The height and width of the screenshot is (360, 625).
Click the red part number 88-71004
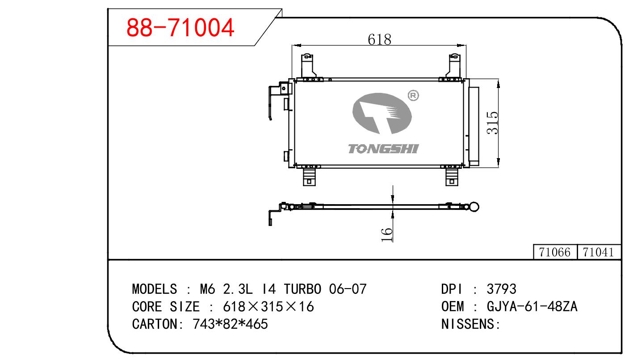pyautogui.click(x=180, y=27)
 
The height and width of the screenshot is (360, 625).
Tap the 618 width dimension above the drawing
pyautogui.click(x=379, y=40)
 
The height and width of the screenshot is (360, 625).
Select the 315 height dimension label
pyautogui.click(x=492, y=123)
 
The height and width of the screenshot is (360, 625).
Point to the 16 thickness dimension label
pyautogui.click(x=387, y=234)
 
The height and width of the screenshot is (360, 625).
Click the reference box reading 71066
pyautogui.click(x=555, y=252)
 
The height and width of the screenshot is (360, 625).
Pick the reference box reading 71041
pyautogui.click(x=599, y=252)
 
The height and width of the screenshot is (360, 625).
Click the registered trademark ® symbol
pyautogui.click(x=413, y=96)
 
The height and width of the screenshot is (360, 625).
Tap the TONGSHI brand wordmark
pyautogui.click(x=383, y=149)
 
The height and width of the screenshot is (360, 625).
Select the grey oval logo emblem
pyautogui.click(x=382, y=113)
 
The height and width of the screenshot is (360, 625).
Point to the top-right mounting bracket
pyautogui.click(x=454, y=66)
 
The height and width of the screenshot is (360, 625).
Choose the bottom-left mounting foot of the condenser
pyautogui.click(x=309, y=177)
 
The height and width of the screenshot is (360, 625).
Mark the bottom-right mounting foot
pyautogui.click(x=452, y=177)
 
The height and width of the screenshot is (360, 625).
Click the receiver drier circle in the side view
pyautogui.click(x=474, y=207)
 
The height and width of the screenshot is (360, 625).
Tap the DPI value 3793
pyautogui.click(x=501, y=289)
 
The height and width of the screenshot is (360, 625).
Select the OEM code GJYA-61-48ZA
pyautogui.click(x=532, y=306)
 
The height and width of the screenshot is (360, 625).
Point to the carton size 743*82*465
pyautogui.click(x=230, y=324)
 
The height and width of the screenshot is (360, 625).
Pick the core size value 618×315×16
pyautogui.click(x=268, y=306)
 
